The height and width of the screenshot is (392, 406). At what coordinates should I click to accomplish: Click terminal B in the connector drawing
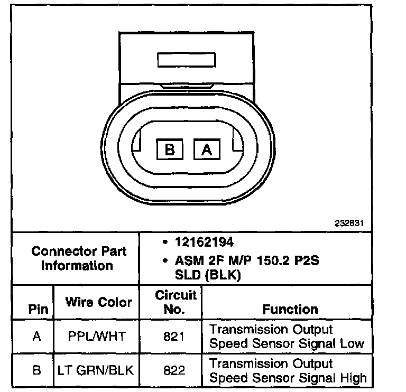(x=170, y=150)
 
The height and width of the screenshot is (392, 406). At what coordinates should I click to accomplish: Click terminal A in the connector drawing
(x=207, y=150)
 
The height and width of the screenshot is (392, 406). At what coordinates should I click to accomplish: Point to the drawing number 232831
(x=349, y=223)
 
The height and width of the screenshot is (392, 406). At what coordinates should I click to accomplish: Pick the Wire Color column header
(x=98, y=302)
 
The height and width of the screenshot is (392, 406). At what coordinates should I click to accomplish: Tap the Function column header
(x=290, y=309)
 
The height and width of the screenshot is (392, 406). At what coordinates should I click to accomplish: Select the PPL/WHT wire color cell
(x=97, y=336)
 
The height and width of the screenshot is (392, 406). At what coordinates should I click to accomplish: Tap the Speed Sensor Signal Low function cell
(x=287, y=337)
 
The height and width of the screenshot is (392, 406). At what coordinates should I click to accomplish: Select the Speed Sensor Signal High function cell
(x=288, y=371)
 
